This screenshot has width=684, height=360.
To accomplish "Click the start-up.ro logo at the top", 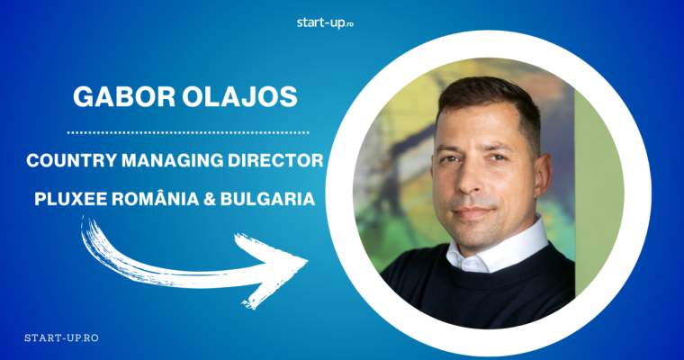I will click(325, 22).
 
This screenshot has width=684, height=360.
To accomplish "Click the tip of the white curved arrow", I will click(304, 259).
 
